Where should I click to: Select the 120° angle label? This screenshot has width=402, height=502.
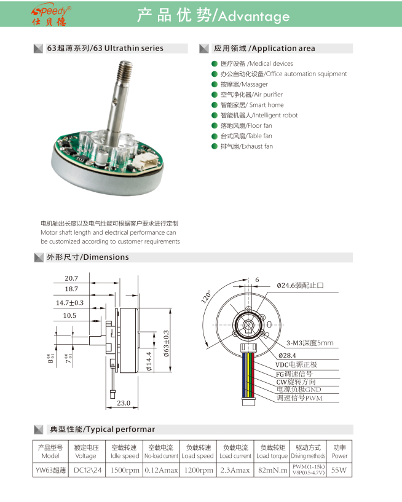click(206, 299)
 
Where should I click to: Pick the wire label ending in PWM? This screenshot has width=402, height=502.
click(299, 398)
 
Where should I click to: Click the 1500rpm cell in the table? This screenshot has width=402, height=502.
click(125, 470)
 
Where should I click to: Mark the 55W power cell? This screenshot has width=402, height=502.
click(339, 470)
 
